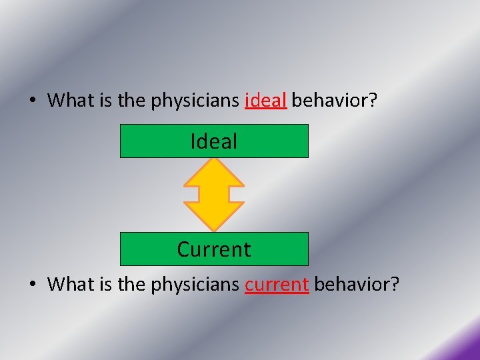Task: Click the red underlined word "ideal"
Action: click(x=266, y=101)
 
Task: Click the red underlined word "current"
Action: click(x=277, y=285)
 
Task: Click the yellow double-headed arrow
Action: click(x=214, y=195)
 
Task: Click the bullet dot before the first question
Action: click(x=33, y=101)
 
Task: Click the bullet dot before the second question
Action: click(x=33, y=285)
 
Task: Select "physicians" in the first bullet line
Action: click(x=196, y=101)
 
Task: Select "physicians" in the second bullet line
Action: click(x=196, y=285)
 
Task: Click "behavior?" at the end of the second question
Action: click(x=357, y=285)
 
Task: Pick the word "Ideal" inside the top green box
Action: click(x=214, y=141)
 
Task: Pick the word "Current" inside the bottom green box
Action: click(x=214, y=249)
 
